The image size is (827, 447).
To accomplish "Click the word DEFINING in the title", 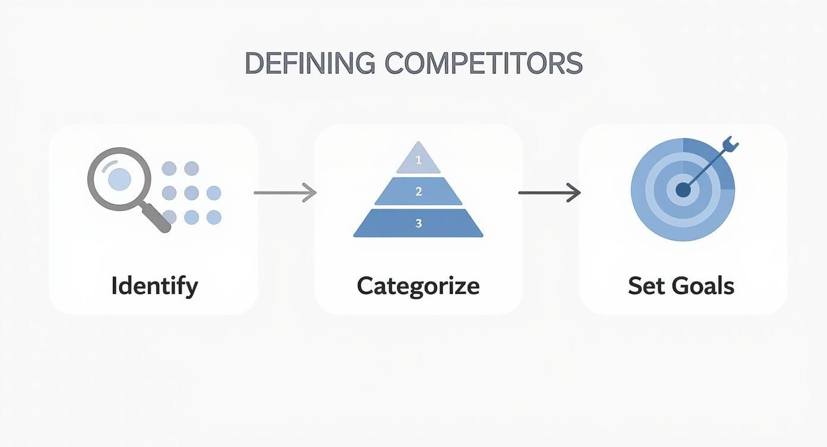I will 309,64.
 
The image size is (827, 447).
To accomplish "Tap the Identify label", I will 154,285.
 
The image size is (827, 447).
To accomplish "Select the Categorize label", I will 418,285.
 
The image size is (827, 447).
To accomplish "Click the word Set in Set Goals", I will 645,285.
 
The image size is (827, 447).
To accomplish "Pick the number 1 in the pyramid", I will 418,160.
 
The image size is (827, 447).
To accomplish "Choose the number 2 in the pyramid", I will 418,191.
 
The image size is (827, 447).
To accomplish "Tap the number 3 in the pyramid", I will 418,223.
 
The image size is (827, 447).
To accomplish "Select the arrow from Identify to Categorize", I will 285,193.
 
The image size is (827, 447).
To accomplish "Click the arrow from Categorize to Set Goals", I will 549,193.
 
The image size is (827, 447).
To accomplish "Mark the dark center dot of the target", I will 683,190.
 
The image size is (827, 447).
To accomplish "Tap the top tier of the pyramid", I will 418,158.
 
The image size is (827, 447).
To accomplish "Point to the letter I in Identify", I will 113,285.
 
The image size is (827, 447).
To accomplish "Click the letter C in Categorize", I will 365,285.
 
